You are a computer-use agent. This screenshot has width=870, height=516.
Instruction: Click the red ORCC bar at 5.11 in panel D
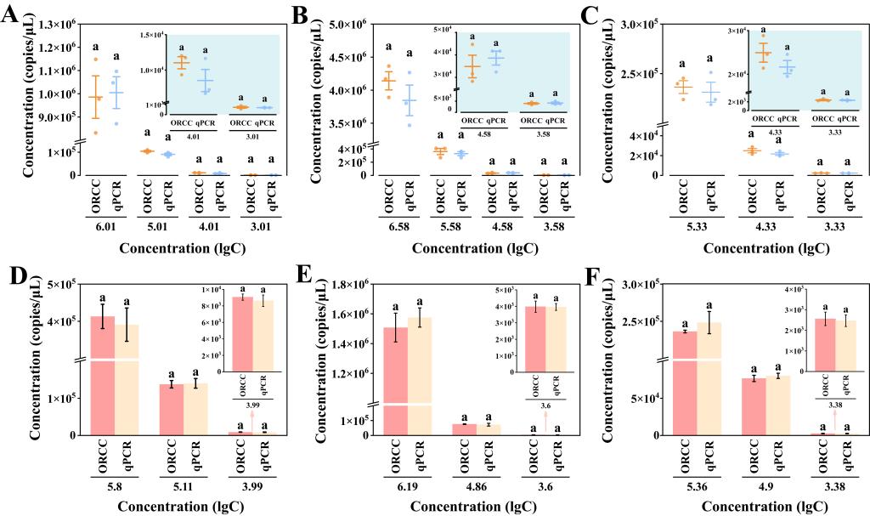[172, 409]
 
